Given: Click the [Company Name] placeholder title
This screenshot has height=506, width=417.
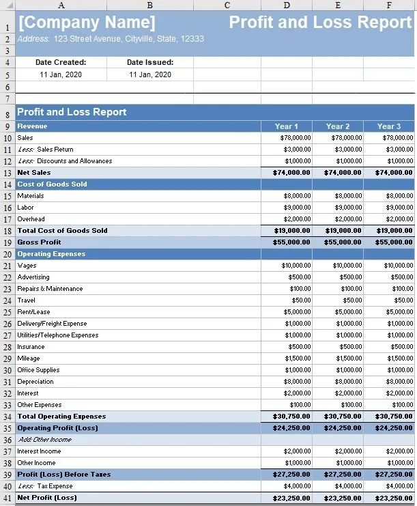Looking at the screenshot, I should click(x=87, y=22).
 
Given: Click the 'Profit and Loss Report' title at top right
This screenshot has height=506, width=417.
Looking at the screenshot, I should click(x=320, y=22).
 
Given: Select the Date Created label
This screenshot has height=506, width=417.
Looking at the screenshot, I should click(x=61, y=62).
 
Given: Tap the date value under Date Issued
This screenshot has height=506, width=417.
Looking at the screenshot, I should click(x=150, y=74).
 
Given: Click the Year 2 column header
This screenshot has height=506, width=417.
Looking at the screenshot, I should click(x=338, y=126).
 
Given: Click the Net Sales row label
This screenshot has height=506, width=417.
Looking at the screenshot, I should click(x=34, y=173).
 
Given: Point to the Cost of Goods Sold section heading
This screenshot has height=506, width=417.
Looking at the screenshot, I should click(x=52, y=184).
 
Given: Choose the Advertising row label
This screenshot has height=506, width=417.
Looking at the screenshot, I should click(x=33, y=277).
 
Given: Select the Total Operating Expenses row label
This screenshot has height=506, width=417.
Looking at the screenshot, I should click(x=61, y=417).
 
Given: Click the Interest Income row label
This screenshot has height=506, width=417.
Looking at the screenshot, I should click(x=39, y=451).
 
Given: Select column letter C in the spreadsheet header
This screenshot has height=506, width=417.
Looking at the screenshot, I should click(x=227, y=5).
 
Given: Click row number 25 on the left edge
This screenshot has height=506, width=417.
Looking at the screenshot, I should click(x=8, y=312).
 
